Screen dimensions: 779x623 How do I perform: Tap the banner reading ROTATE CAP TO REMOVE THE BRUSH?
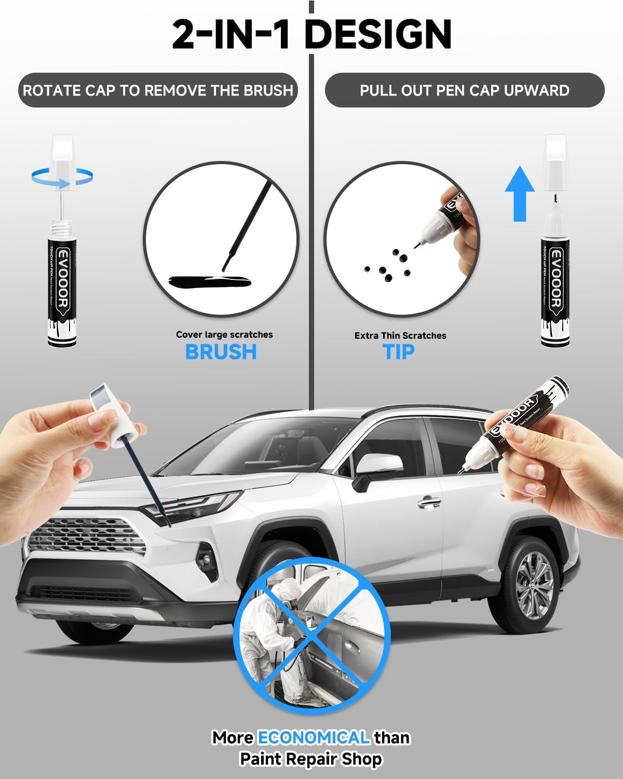coord(158,90)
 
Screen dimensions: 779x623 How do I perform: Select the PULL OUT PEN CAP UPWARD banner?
coord(464,90)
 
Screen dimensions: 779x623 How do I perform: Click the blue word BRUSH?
coord(221,352)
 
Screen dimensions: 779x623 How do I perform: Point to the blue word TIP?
coord(399,352)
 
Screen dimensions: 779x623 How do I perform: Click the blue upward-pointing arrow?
coord(520,192)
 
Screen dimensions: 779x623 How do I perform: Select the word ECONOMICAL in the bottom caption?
coord(313,737)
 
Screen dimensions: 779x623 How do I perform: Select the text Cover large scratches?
coord(224,334)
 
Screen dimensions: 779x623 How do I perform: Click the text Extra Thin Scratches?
coord(400,335)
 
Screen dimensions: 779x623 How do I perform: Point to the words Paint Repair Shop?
coord(310,759)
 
